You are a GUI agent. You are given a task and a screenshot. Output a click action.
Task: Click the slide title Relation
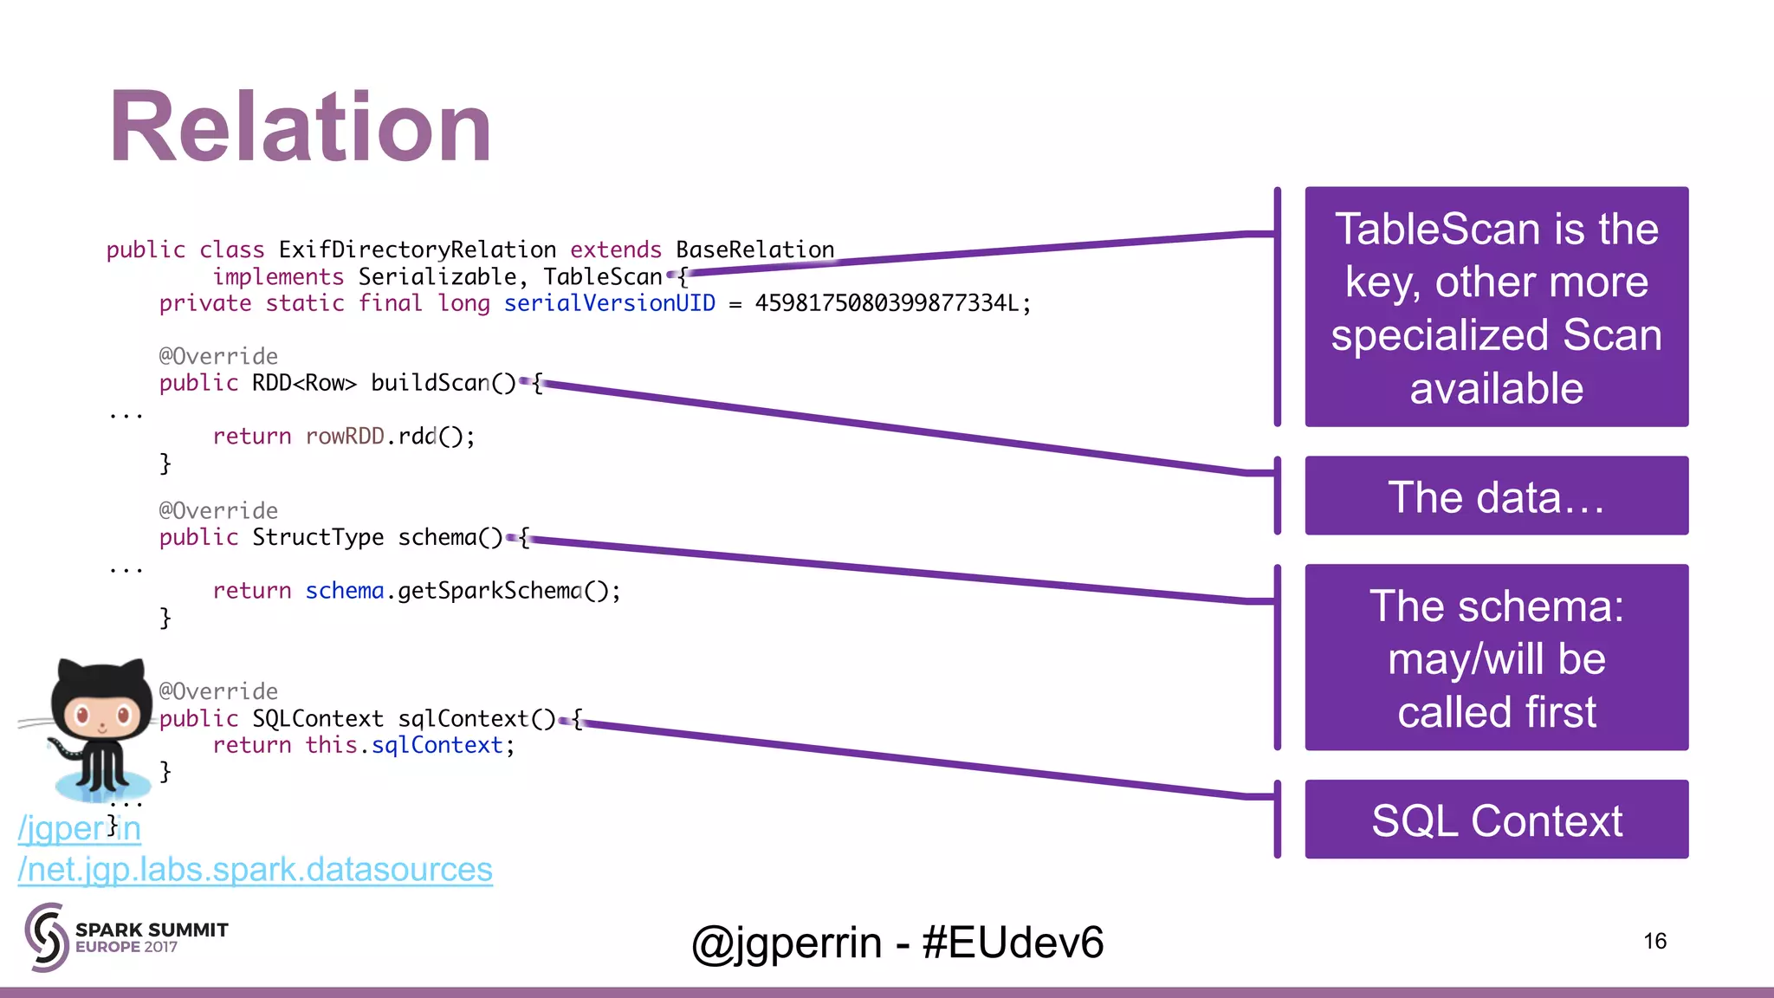(x=301, y=128)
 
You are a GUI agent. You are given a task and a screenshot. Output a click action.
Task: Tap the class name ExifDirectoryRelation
(x=417, y=249)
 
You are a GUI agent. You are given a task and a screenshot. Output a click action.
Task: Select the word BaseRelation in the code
(x=754, y=249)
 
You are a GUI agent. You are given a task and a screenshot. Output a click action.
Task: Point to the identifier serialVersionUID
(x=609, y=303)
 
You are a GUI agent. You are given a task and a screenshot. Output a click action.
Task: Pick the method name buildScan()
(x=443, y=383)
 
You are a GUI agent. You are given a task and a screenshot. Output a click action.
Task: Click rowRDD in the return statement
(x=344, y=436)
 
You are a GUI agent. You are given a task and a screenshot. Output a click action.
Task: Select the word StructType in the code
(x=317, y=537)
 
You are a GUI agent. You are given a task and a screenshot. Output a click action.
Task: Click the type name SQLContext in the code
(x=317, y=718)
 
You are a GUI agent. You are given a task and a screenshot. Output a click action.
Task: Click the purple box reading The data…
(x=1496, y=496)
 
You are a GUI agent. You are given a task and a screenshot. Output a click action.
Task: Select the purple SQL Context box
(x=1496, y=820)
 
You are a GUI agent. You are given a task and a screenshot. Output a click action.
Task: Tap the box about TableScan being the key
(x=1496, y=307)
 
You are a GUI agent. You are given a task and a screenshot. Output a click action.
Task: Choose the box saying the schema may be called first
(x=1496, y=658)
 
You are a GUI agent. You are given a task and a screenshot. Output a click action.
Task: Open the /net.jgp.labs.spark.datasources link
(x=256, y=869)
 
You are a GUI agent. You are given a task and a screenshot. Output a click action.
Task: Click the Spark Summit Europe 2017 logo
(x=126, y=937)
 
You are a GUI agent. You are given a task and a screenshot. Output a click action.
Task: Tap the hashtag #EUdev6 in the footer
(x=1013, y=943)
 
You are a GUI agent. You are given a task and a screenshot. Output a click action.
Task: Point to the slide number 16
(x=1654, y=941)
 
